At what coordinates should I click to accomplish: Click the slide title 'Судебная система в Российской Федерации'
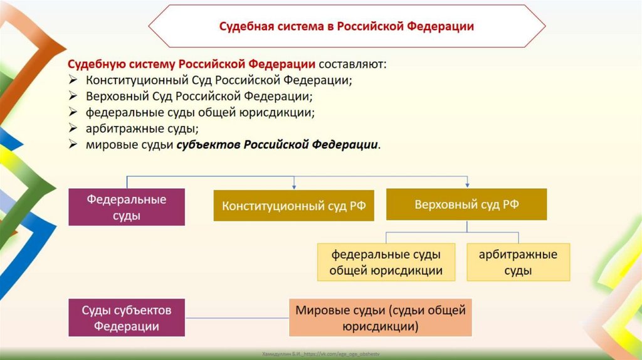pyautogui.click(x=346, y=26)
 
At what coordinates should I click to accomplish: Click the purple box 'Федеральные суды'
pyautogui.click(x=126, y=207)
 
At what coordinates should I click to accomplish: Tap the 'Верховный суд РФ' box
pyautogui.click(x=466, y=204)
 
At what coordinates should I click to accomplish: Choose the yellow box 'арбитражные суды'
pyautogui.click(x=518, y=262)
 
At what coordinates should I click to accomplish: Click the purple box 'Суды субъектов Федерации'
pyautogui.click(x=126, y=317)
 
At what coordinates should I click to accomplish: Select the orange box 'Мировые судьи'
pyautogui.click(x=380, y=317)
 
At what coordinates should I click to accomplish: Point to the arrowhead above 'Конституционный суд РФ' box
pyautogui.click(x=293, y=186)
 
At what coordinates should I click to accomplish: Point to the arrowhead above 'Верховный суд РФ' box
pyautogui.click(x=467, y=184)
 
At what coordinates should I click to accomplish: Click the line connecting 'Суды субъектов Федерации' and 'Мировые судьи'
pyautogui.click(x=237, y=318)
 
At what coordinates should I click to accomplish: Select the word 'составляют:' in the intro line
pyautogui.click(x=352, y=65)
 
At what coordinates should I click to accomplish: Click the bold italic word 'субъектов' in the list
pyautogui.click(x=208, y=144)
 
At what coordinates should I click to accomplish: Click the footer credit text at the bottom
pyautogui.click(x=321, y=354)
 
